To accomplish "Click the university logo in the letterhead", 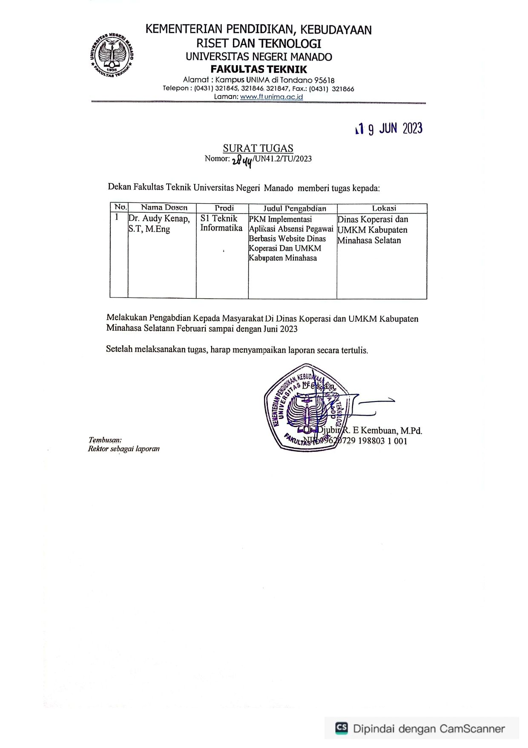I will point(112,55).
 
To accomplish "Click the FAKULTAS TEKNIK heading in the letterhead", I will point(258,69).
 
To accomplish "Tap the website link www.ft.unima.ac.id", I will point(271,97).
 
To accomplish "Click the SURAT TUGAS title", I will point(258,148).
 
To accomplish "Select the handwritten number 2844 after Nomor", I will point(242,161).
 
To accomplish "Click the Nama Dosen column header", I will point(164,208).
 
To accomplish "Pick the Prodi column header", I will point(224,208).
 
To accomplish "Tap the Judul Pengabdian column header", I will point(294,208).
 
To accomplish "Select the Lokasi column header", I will point(384,208).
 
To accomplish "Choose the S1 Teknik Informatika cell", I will point(221,223).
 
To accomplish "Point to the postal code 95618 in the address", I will point(324,80).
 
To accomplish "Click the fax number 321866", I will point(343,89).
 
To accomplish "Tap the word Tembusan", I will point(105,440).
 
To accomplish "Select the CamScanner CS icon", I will point(341,728).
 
